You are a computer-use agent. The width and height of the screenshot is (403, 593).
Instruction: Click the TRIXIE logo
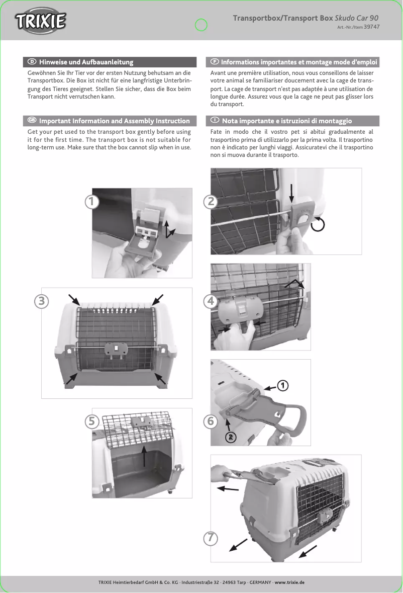pyautogui.click(x=40, y=21)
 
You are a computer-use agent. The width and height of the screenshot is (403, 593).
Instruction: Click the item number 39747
pyautogui.click(x=372, y=27)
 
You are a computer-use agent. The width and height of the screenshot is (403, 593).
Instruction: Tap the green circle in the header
pyautogui.click(x=201, y=25)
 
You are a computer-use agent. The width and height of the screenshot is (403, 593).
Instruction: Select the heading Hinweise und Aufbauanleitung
pyautogui.click(x=86, y=62)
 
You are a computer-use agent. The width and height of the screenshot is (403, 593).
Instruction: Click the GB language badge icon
pyautogui.click(x=32, y=120)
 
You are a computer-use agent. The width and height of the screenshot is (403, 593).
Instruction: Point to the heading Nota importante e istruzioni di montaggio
pyautogui.click(x=286, y=121)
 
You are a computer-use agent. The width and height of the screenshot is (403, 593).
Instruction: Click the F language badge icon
pyautogui.click(x=215, y=62)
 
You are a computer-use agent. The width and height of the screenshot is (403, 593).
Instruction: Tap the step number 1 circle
pyautogui.click(x=92, y=202)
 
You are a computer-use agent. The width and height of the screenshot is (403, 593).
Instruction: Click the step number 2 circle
pyautogui.click(x=211, y=202)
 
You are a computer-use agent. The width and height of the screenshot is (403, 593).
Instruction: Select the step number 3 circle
pyautogui.click(x=42, y=301)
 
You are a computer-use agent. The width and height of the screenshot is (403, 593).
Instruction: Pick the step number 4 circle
pyautogui.click(x=211, y=301)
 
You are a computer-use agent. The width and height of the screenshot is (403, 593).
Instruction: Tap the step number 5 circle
pyautogui.click(x=92, y=421)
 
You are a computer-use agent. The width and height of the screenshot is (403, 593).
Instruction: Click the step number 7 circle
pyautogui.click(x=211, y=538)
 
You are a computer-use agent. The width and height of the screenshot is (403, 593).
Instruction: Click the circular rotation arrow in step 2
pyautogui.click(x=318, y=224)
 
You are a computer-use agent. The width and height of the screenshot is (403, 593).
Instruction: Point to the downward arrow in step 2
pyautogui.click(x=291, y=193)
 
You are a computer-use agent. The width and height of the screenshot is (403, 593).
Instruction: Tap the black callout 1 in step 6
pyautogui.click(x=283, y=386)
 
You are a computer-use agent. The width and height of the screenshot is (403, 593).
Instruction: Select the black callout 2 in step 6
pyautogui.click(x=231, y=438)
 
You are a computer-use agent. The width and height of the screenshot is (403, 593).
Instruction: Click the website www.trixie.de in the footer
pyautogui.click(x=289, y=582)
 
